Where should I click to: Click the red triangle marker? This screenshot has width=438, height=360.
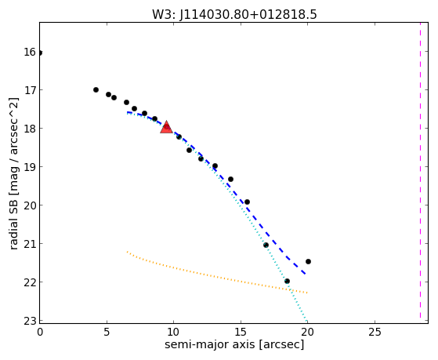coord(166,127)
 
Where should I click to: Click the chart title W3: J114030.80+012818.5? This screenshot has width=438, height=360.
coord(234,15)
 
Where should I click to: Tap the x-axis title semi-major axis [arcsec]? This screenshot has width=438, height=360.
coord(234,344)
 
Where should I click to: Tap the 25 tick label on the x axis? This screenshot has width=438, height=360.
coord(375,332)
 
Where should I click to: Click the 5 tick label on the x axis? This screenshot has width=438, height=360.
coord(107,332)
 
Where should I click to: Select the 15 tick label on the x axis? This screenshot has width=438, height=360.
coord(241,332)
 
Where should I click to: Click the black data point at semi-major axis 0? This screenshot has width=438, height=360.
coord(40,53)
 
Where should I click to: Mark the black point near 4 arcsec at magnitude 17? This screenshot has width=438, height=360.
coord(96,89)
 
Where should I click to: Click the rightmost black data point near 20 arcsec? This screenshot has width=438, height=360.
coord(308,261)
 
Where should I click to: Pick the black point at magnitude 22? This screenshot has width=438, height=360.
coord(287,281)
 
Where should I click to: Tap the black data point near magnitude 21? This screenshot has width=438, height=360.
coord(266,245)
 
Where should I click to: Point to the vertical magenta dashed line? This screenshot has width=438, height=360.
coord(420,171)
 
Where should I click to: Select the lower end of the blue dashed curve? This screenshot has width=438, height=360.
coord(305,275)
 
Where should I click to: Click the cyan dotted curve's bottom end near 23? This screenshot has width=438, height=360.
coord(306,321)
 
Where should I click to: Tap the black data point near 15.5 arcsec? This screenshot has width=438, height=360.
coord(247,202)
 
